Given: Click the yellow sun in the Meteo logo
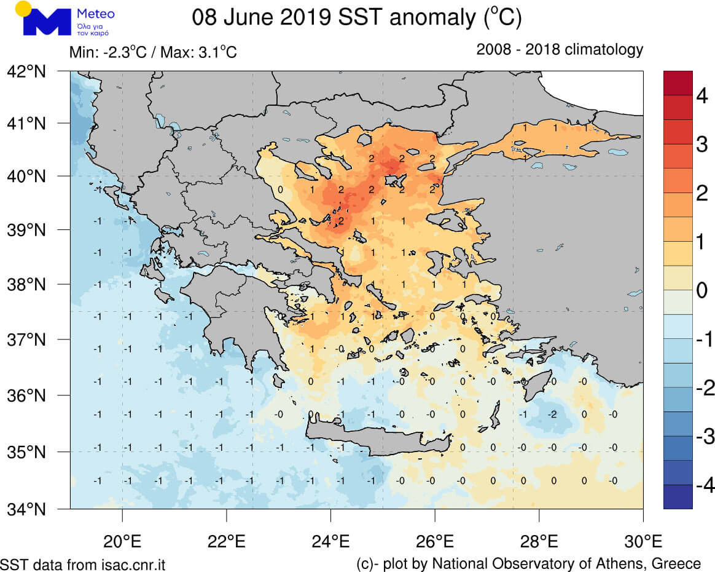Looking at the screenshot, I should [23, 9].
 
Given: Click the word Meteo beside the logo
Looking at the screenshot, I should [96, 14].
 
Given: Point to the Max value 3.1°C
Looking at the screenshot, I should [214, 52].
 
